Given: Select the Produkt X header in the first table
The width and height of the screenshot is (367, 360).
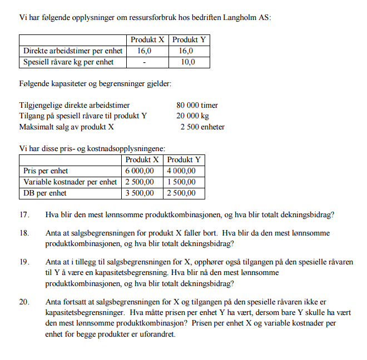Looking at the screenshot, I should coord(147,40).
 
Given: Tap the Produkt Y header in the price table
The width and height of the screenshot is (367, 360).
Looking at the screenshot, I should coord(184,160).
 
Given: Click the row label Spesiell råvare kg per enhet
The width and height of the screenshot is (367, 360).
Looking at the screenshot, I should coord(68,62).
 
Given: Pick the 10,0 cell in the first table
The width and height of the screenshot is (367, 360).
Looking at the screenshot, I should coord(189,62).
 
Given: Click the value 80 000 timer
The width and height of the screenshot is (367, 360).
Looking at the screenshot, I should coord(197,105).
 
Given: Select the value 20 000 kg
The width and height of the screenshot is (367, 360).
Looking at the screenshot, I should coord(193,116).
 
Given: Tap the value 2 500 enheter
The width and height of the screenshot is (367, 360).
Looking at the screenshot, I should coord(202,127).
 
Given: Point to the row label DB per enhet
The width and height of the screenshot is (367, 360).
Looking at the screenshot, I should coord(44,193).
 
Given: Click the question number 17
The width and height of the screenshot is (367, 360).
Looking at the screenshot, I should coord(24,215).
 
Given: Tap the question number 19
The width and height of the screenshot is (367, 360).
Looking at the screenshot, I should coord(24,262).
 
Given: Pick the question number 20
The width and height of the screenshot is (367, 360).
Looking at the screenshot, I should coord(24,302).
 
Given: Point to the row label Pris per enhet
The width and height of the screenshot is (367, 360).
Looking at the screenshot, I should coord(46,171).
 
